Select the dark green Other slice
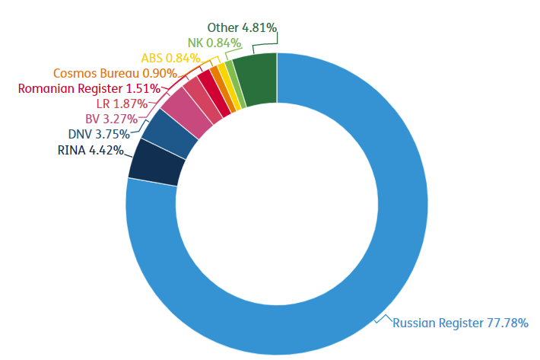click(x=256, y=79)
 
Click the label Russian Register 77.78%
click(x=460, y=323)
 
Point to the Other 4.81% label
click(x=242, y=28)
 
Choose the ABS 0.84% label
click(x=170, y=58)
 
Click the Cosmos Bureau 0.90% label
click(x=115, y=73)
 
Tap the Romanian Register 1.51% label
click(x=89, y=88)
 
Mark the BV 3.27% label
click(x=110, y=119)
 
